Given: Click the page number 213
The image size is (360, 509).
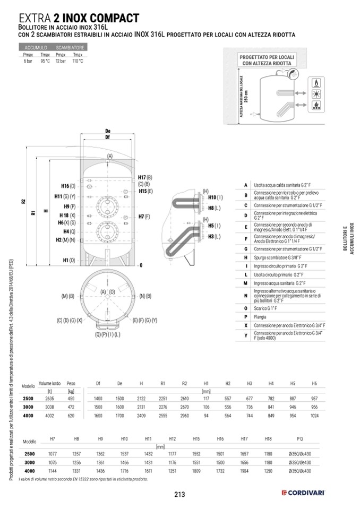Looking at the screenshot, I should tap(179, 495).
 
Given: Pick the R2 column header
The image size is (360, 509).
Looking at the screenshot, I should tap(184, 384).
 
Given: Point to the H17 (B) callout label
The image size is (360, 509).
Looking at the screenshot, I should tap(144, 177).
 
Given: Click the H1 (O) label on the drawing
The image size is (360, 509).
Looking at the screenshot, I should tap(69, 260).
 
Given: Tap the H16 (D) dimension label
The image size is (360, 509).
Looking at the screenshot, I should tap(69, 186).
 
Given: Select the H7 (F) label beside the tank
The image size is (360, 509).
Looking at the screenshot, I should tap(144, 217).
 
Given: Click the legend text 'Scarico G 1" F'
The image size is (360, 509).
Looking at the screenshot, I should tap(269, 308).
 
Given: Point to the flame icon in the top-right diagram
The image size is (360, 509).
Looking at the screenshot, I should tap(316, 84).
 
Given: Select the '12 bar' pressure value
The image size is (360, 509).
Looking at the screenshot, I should tap(60, 61).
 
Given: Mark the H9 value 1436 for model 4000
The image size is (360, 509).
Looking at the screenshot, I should tap(100, 470).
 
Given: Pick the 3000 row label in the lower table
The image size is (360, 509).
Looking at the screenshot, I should tap(30, 463).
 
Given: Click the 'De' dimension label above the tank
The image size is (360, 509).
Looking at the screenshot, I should tap(108, 131).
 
